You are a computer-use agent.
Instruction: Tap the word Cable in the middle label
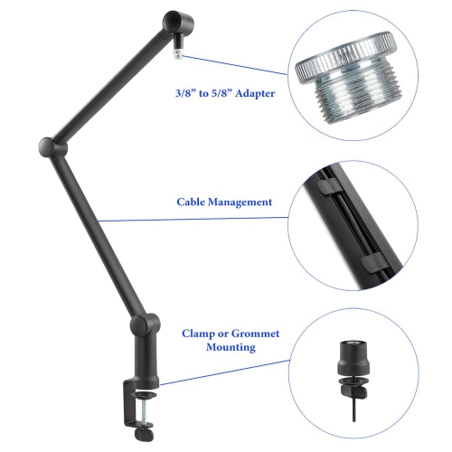click(193, 202)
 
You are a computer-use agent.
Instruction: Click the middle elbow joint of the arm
click(48, 146)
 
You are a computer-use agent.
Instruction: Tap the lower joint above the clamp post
click(143, 324)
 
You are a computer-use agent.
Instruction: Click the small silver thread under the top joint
click(178, 52)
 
